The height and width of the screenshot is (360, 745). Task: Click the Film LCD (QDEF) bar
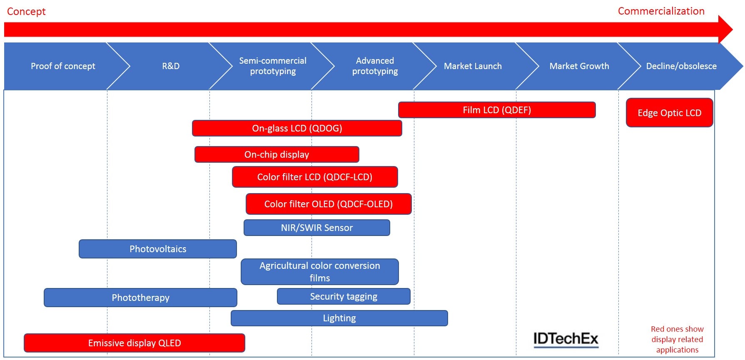tap(496, 110)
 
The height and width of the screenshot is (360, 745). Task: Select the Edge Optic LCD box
tap(669, 113)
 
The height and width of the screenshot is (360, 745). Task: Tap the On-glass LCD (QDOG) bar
tap(297, 128)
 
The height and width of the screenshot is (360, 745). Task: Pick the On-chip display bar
tap(277, 154)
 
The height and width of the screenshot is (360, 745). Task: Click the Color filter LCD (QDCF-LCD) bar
tap(314, 177)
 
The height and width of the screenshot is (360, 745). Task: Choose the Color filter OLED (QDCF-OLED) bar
tap(328, 204)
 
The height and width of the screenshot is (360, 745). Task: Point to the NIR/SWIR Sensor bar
tap(316, 228)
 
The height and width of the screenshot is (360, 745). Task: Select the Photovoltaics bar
tap(158, 249)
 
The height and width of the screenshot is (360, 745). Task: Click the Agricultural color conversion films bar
tap(319, 272)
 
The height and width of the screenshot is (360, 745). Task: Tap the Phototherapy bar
tap(140, 298)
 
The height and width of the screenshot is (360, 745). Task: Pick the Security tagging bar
tap(344, 296)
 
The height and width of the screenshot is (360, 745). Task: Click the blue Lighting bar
tap(339, 318)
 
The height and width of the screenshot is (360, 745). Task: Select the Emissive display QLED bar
tap(134, 343)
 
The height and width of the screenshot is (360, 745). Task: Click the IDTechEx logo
tap(566, 339)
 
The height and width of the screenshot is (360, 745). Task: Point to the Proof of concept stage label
tap(63, 66)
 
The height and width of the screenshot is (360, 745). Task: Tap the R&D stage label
tap(171, 66)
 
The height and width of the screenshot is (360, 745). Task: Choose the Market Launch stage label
tap(473, 66)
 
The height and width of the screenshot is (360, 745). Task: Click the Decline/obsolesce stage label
tap(681, 66)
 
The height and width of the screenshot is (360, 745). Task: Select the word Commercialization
tap(661, 11)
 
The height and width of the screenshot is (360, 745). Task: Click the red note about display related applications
tap(677, 339)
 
